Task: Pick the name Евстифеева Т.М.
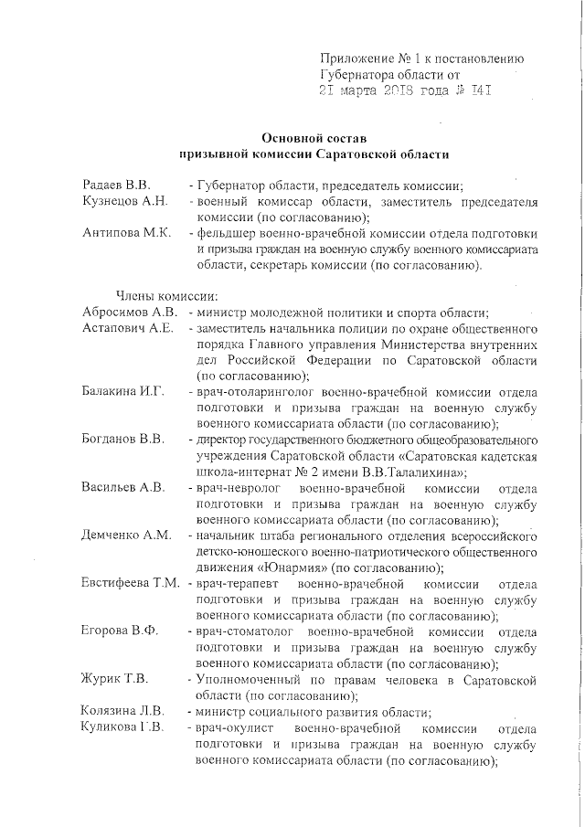pos(130,583)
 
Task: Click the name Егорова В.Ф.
pos(119,631)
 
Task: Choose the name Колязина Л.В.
pos(122,711)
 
